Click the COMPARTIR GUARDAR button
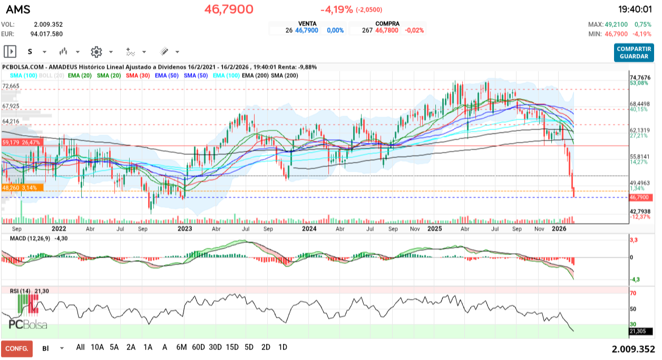[x=634, y=52]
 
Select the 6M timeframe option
[x=182, y=347]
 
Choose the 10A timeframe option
[x=98, y=347]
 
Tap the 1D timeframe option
[x=283, y=347]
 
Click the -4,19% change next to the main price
[x=336, y=9]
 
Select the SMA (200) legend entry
[x=284, y=75]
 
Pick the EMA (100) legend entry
[x=225, y=75]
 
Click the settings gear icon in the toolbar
[x=96, y=52]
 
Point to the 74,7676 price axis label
[x=640, y=77]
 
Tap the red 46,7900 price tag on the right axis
[x=640, y=198]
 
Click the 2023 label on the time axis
[x=184, y=229]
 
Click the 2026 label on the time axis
[x=558, y=229]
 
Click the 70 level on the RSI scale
[x=633, y=293]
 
